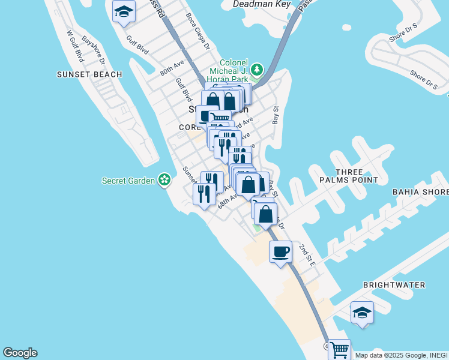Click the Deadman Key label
[262, 4]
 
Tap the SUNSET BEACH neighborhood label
[89, 74]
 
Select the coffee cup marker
[280, 251]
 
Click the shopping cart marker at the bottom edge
[339, 349]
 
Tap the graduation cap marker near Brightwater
[362, 312]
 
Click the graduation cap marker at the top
[124, 11]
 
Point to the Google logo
[20, 353]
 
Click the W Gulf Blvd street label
[75, 46]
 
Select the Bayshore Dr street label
[94, 52]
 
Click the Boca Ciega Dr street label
[197, 31]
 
